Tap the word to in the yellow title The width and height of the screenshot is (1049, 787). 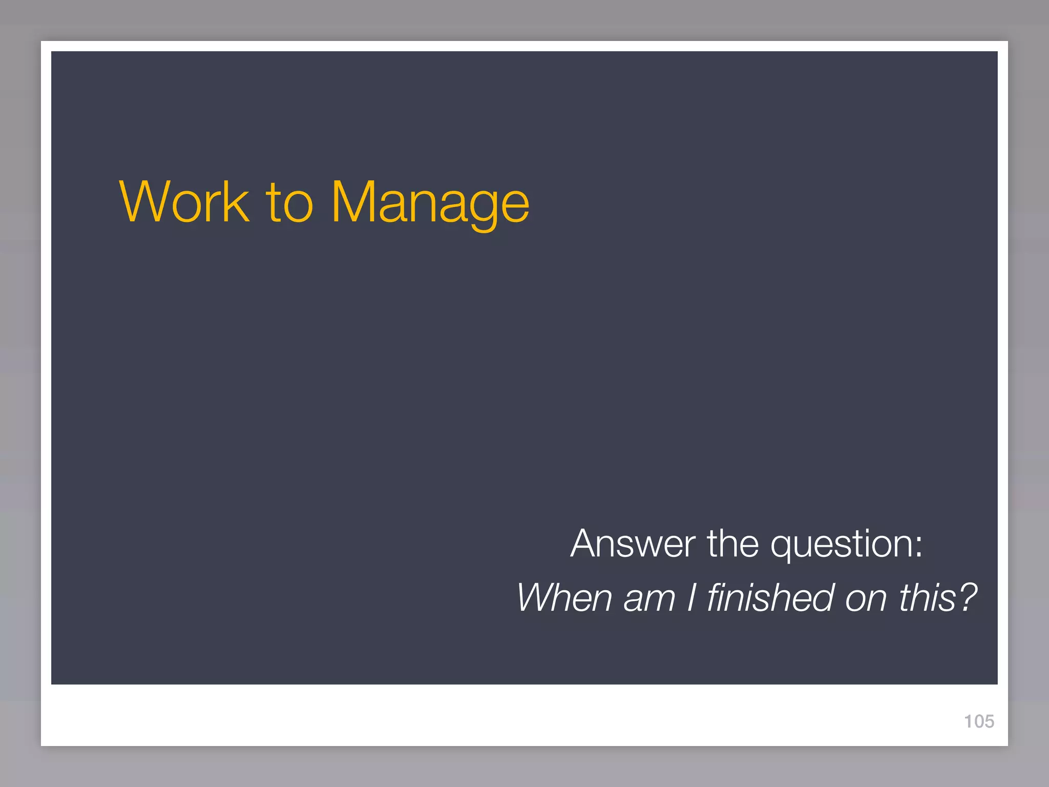[x=289, y=203]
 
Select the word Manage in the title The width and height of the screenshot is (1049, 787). [x=430, y=203]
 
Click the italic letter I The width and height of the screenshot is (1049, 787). [x=691, y=597]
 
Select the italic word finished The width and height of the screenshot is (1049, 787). [x=770, y=597]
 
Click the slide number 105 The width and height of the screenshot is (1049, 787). [x=979, y=721]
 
